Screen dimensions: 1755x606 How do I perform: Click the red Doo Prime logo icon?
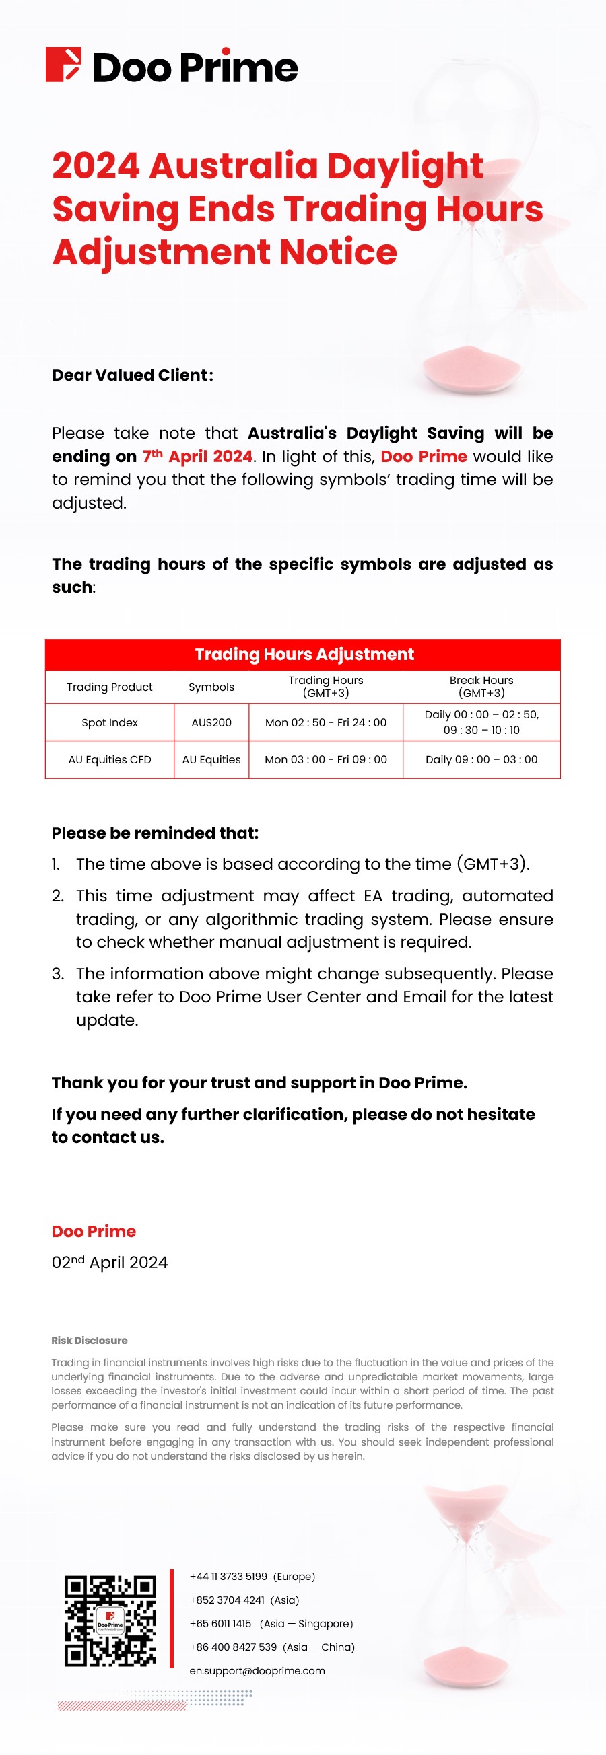click(x=63, y=65)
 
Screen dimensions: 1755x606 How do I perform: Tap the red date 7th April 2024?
click(x=197, y=456)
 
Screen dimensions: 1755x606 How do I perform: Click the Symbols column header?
click(x=211, y=687)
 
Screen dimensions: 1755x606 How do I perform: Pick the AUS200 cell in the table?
click(x=211, y=722)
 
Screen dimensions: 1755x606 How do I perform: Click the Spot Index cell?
click(x=109, y=722)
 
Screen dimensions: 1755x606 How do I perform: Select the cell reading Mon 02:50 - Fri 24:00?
click(x=326, y=722)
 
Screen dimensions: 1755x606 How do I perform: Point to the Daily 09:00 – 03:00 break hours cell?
click(x=481, y=759)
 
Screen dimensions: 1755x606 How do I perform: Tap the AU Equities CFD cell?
click(x=109, y=759)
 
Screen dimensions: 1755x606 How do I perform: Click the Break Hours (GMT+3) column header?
click(x=481, y=686)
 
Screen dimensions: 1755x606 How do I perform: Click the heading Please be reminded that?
click(x=155, y=833)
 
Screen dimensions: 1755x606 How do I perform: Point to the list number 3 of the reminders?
click(x=58, y=973)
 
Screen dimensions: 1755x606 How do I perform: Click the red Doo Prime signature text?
click(x=94, y=1231)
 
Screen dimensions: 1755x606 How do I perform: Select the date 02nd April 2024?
click(x=109, y=1262)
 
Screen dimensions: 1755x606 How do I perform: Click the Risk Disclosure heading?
click(x=90, y=1340)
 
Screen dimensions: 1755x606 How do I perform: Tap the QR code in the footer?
click(x=110, y=1620)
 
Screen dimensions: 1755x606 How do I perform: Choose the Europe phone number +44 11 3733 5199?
click(x=228, y=1577)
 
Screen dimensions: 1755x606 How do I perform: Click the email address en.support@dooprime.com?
click(x=257, y=1670)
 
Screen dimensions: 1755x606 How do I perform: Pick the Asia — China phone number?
click(x=233, y=1647)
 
